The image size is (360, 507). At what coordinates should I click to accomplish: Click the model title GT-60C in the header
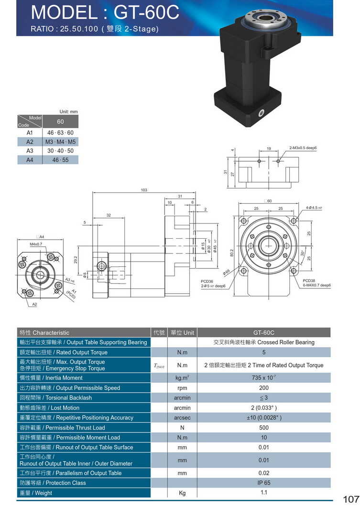click(x=105, y=12)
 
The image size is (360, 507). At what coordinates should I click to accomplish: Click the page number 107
click(x=350, y=499)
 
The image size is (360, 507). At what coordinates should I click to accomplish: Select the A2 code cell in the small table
click(x=30, y=142)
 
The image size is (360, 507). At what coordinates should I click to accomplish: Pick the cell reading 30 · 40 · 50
click(x=60, y=151)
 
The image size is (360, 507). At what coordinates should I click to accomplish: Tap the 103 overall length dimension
click(x=144, y=190)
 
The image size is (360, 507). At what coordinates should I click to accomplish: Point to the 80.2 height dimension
click(x=232, y=252)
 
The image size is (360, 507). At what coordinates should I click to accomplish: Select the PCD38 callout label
click(x=309, y=280)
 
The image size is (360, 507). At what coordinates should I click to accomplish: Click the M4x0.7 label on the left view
click(x=36, y=244)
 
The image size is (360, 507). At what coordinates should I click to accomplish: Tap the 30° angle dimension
click(x=303, y=253)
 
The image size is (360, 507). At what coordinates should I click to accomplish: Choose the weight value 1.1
click(x=263, y=492)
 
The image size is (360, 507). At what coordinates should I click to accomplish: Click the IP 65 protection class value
click(x=263, y=483)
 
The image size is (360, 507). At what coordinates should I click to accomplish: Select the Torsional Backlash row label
click(x=55, y=398)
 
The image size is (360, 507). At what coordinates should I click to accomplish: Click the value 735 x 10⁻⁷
click(x=263, y=378)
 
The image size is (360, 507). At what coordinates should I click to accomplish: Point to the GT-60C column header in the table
click(x=263, y=332)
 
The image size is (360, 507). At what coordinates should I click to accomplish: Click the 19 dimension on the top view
click(x=269, y=149)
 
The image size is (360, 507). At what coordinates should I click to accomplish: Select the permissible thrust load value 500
click(x=263, y=428)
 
